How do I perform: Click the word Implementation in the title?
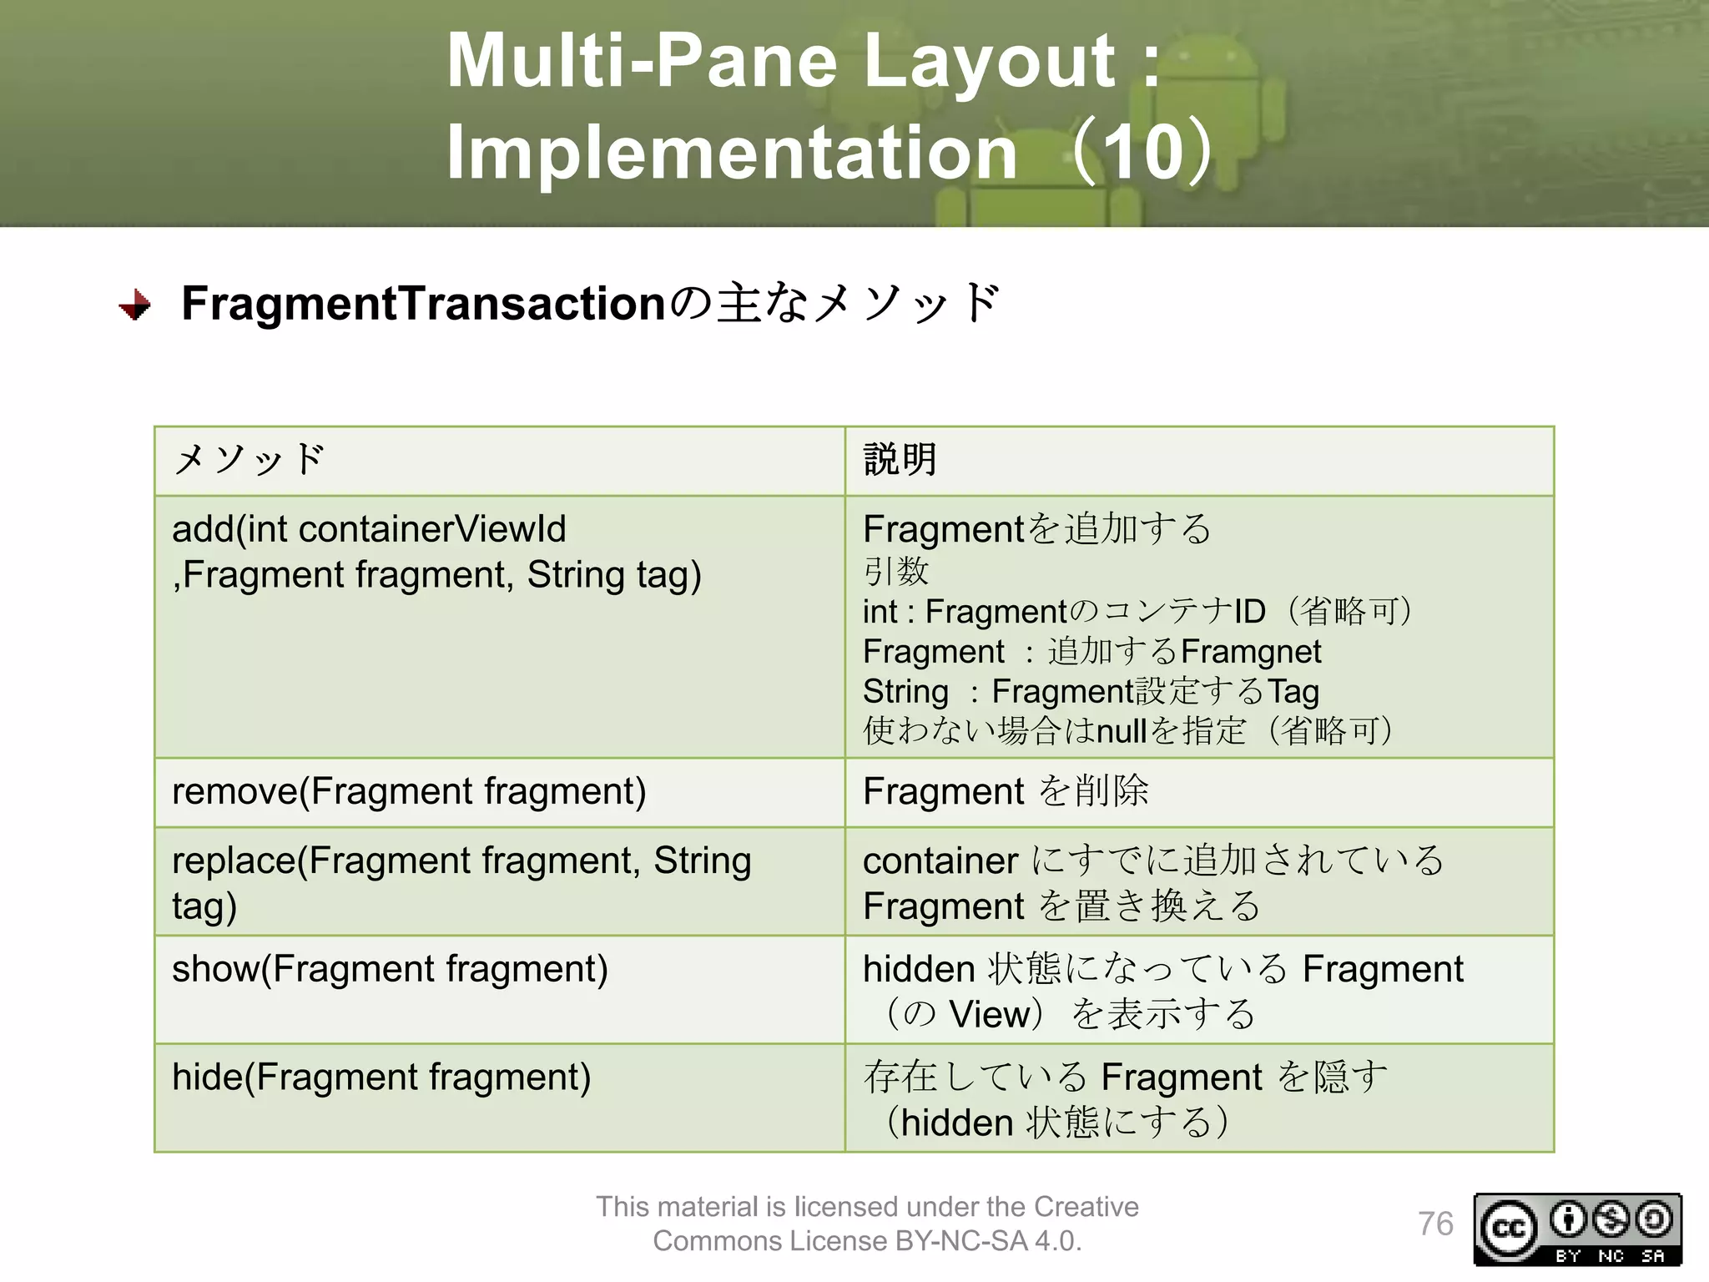tap(731, 153)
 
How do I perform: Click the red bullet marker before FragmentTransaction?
tap(134, 305)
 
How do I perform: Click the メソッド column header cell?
tap(499, 461)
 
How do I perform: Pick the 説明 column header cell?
tap(1198, 461)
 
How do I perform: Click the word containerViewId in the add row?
tap(432, 529)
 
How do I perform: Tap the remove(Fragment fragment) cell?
tap(409, 791)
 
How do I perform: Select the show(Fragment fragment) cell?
tap(390, 969)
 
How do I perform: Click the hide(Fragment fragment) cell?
tap(381, 1078)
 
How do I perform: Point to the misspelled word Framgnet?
tap(1252, 652)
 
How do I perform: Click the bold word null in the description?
tap(1121, 732)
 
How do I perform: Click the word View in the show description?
tap(988, 1015)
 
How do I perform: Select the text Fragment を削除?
tap(1006, 791)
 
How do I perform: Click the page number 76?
tap(1435, 1224)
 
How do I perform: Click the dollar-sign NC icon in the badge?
tap(1611, 1219)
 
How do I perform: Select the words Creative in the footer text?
tap(1086, 1207)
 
